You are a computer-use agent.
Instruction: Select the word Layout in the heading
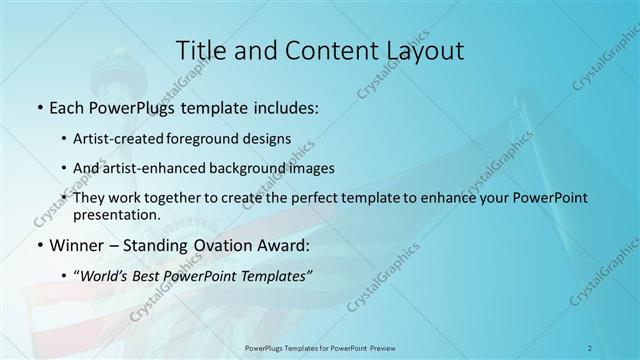(x=420, y=49)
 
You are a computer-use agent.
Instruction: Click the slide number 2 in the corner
(x=590, y=347)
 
